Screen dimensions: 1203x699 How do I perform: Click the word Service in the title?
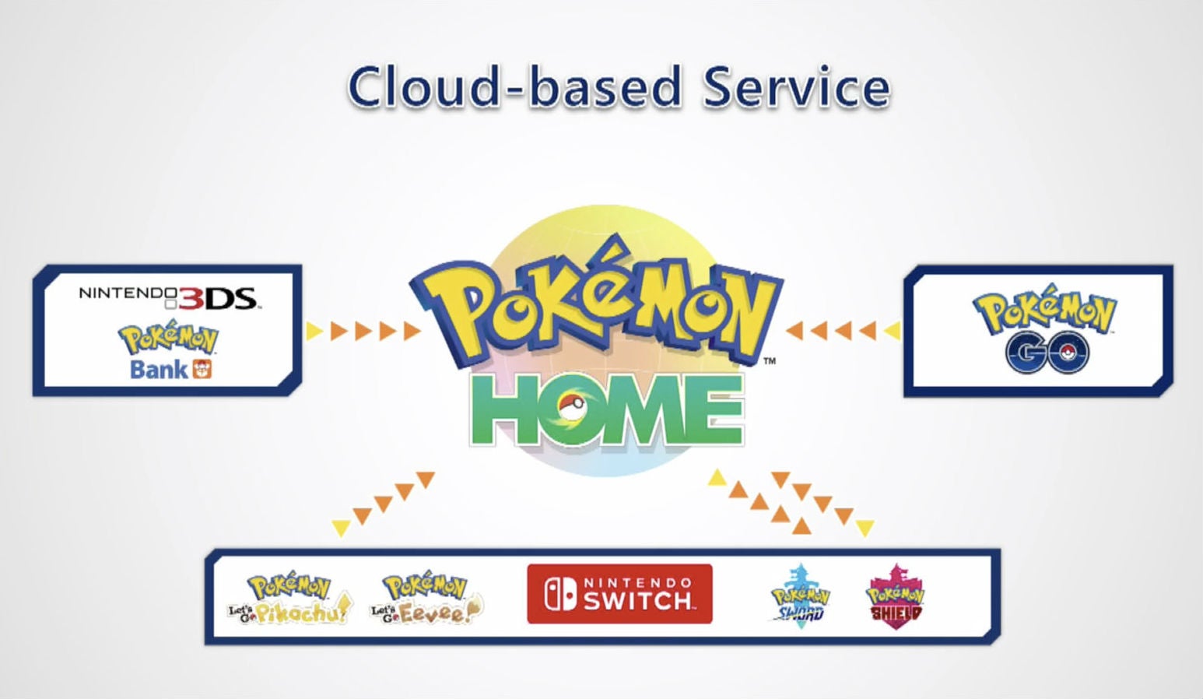pos(797,86)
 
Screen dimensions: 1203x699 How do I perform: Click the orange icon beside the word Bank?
pos(202,369)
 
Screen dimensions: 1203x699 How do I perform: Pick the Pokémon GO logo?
pos(1044,328)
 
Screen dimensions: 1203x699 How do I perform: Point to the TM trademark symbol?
pos(770,361)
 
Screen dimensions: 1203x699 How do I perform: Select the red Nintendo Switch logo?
pos(619,594)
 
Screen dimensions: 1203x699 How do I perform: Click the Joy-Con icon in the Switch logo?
pos(560,594)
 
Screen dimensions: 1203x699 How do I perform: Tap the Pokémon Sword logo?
pos(800,596)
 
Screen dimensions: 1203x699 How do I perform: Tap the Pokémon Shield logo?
pos(895,596)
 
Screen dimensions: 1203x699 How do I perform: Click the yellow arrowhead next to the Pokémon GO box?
pos(893,331)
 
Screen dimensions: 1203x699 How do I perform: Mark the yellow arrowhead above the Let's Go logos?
pos(341,528)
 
